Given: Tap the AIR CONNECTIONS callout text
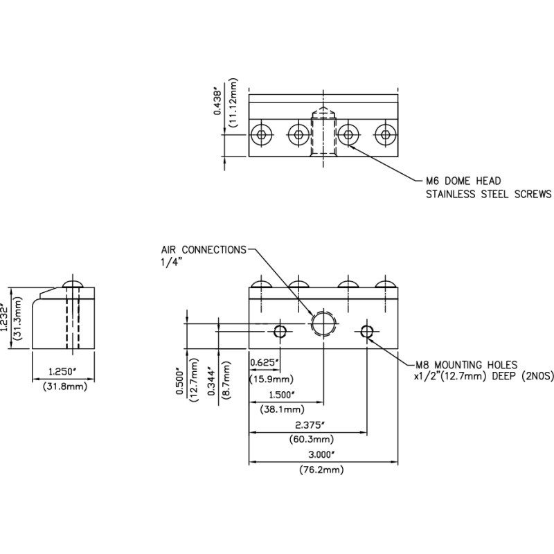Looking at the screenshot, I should coord(204,249).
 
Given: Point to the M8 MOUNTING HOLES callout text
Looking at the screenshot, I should coord(466,364).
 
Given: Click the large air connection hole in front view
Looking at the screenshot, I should coord(323,323).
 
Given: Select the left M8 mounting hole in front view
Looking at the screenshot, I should coord(280,332).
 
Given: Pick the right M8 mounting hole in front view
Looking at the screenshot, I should coord(367,332).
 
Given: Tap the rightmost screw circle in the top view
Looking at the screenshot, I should coord(386,134).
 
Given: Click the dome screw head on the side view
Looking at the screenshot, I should coord(72,285).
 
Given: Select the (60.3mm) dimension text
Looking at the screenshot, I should coord(314,439).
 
